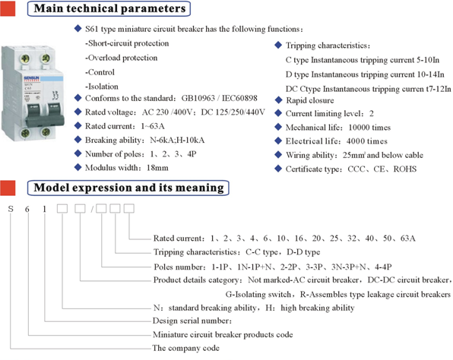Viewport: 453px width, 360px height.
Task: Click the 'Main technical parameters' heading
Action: [x=109, y=8]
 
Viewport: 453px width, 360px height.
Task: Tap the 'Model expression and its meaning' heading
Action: [x=129, y=188]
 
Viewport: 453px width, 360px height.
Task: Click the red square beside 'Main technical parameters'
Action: [x=8, y=8]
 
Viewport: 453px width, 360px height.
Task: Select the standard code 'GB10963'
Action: [x=198, y=98]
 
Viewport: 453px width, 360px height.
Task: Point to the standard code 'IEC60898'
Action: [x=239, y=98]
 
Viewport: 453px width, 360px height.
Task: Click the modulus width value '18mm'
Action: [x=157, y=168]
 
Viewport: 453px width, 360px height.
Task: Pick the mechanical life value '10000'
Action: [x=359, y=128]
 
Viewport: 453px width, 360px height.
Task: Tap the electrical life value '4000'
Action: [x=356, y=141]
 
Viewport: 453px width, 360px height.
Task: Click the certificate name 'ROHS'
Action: [x=405, y=169]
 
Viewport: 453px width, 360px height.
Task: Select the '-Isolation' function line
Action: [x=102, y=87]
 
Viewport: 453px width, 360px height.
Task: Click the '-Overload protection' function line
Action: [x=122, y=58]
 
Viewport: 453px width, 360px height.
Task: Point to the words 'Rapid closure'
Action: [x=310, y=100]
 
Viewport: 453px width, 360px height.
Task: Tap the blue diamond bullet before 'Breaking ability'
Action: [x=78, y=140]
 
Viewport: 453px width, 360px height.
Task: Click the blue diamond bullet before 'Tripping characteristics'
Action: [x=278, y=45]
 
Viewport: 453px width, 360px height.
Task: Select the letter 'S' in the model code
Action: [x=11, y=208]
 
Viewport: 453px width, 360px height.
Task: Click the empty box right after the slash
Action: [x=101, y=208]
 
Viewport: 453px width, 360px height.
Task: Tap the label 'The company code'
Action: [x=185, y=348]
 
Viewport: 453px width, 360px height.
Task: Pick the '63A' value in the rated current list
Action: [x=408, y=238]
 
